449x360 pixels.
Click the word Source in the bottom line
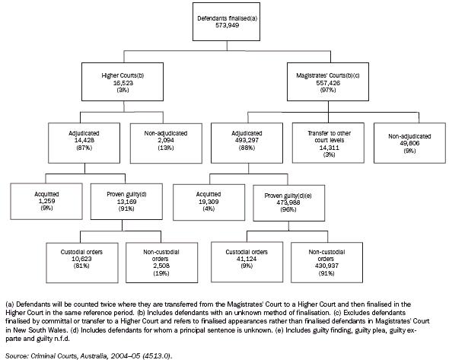[17, 352]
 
